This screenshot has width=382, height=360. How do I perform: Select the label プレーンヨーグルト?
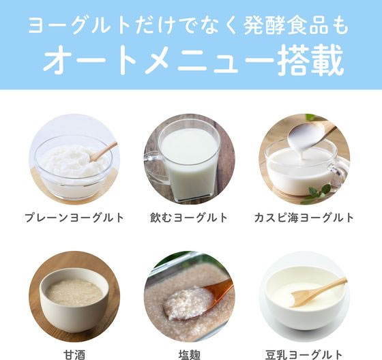(74, 218)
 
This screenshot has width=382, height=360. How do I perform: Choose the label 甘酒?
(74, 355)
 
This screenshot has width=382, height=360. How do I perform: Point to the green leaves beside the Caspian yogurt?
(315, 192)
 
